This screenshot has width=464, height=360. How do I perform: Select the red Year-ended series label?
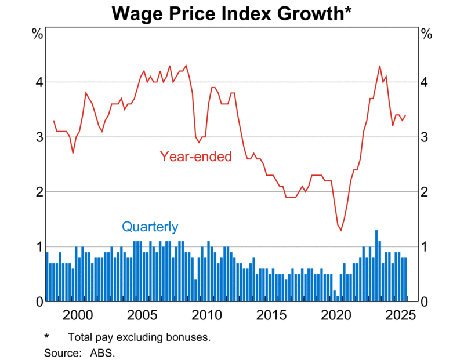click(x=195, y=156)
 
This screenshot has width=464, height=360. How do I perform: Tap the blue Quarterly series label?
click(x=150, y=227)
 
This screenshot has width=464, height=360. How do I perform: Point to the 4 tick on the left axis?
click(x=38, y=82)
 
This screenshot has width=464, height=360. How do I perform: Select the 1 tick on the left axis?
click(x=38, y=247)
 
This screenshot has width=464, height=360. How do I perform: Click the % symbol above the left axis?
click(x=37, y=34)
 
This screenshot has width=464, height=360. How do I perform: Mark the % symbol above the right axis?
click(x=426, y=34)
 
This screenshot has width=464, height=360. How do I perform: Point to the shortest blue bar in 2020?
click(x=338, y=299)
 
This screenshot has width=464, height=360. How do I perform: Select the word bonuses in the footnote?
click(x=190, y=337)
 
